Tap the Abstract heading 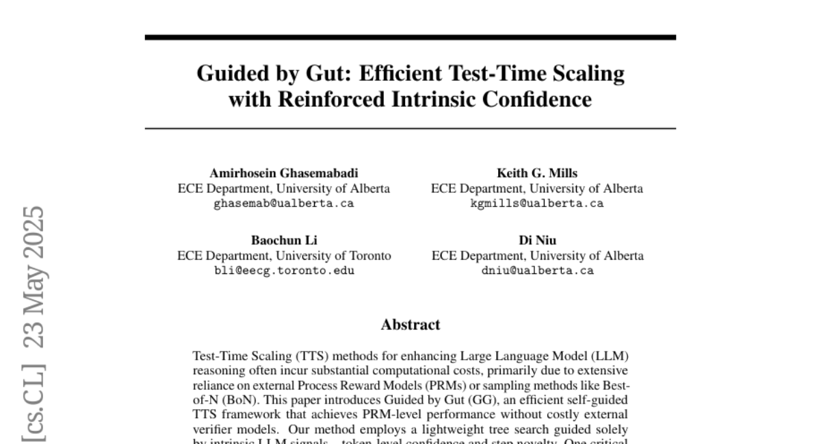pyautogui.click(x=410, y=324)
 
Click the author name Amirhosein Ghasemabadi pyautogui.click(x=284, y=173)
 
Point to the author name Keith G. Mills pyautogui.click(x=537, y=173)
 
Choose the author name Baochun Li pyautogui.click(x=284, y=240)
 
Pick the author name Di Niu pyautogui.click(x=537, y=240)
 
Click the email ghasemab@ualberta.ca pyautogui.click(x=284, y=203)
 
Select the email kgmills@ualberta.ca pyautogui.click(x=537, y=203)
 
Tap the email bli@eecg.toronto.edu pyautogui.click(x=284, y=271)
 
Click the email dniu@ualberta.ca pyautogui.click(x=537, y=271)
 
